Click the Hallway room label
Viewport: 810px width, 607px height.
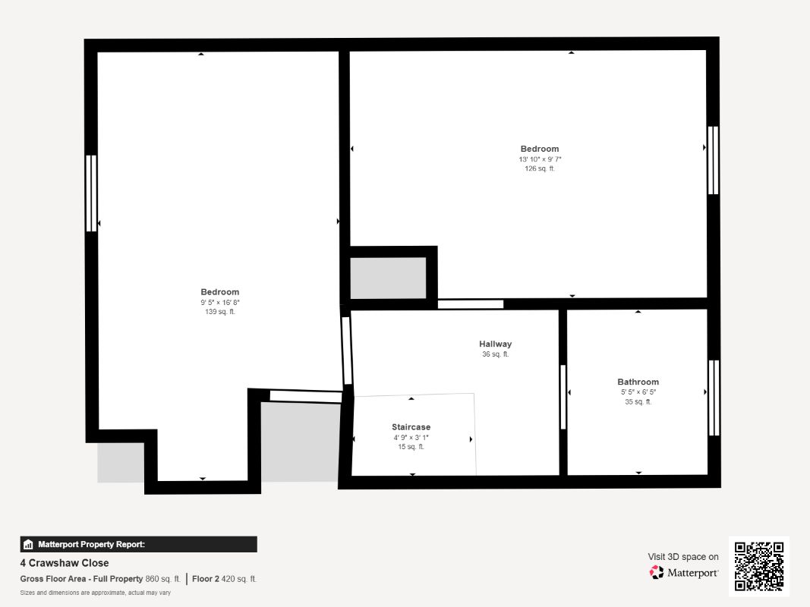click(x=495, y=344)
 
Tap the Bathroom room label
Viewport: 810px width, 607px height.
click(x=638, y=382)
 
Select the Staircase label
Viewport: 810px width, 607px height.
click(x=411, y=427)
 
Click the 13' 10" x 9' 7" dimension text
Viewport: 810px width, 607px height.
click(x=540, y=159)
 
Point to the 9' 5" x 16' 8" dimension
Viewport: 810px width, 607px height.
click(x=220, y=303)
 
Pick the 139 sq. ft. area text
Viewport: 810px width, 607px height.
click(x=220, y=312)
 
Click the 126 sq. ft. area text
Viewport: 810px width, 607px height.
click(x=540, y=168)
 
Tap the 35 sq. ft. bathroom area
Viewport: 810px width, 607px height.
click(x=638, y=401)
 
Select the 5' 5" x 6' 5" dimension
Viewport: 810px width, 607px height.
click(x=638, y=392)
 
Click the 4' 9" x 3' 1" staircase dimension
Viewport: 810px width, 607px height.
click(x=411, y=438)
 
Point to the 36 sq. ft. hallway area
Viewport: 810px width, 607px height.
click(x=496, y=354)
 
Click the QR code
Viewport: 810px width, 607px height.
click(x=759, y=566)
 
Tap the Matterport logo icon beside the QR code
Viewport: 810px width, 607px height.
click(x=656, y=572)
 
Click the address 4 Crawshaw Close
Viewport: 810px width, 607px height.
click(x=65, y=563)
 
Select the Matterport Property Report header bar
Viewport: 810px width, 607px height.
click(x=138, y=544)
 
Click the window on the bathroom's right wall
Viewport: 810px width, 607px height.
click(x=714, y=398)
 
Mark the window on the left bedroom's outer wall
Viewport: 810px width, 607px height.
click(x=91, y=193)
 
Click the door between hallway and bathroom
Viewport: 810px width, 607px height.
click(x=563, y=397)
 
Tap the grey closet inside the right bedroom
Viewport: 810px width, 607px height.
click(x=388, y=278)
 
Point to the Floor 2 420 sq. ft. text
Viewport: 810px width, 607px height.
click(x=224, y=579)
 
